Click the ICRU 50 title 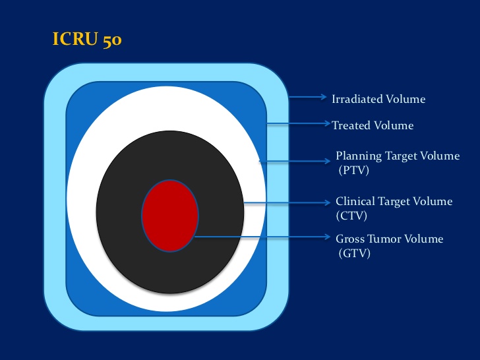[x=87, y=40]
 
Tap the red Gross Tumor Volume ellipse [x=170, y=216]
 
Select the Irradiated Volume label [x=378, y=99]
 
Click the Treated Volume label [x=373, y=125]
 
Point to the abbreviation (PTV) [x=353, y=170]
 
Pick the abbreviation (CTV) [x=351, y=216]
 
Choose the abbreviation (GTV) [x=355, y=253]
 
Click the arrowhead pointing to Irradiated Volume [x=324, y=97]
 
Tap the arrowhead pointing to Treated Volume [x=327, y=123]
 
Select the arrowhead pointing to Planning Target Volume [x=327, y=161]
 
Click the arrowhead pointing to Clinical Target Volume [x=327, y=202]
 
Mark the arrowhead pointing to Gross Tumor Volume [x=327, y=237]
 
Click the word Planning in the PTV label [x=359, y=156]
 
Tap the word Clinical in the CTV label [x=355, y=202]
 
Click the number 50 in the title [x=112, y=41]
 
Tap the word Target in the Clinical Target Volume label [x=394, y=202]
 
